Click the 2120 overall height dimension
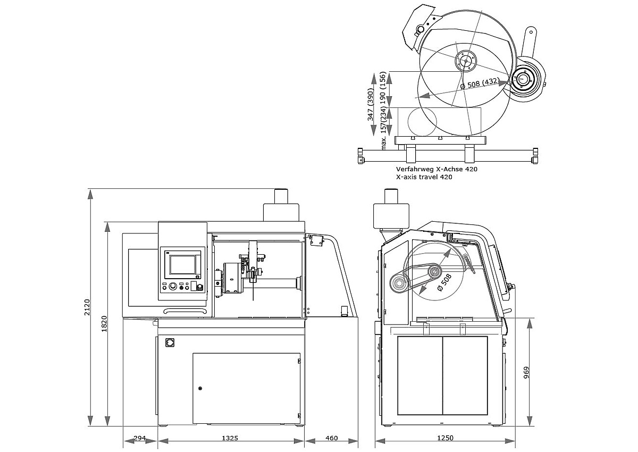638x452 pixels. tap(88, 307)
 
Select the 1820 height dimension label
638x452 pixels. tap(105, 324)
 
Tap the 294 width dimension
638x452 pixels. tap(139, 438)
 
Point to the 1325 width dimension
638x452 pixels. tap(230, 438)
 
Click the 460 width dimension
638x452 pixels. tap(331, 438)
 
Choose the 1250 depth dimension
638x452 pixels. tap(445, 438)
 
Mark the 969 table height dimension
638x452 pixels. tap(526, 372)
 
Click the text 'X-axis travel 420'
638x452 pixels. tap(424, 177)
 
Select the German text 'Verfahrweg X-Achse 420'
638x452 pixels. tap(436, 169)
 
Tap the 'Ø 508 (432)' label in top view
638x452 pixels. tap(479, 84)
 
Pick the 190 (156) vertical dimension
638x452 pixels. tap(383, 89)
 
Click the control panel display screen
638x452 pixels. tap(182, 262)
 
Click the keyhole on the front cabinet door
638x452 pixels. tap(200, 388)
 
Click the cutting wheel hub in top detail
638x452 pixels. tap(466, 61)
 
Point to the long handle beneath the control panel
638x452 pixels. tap(184, 311)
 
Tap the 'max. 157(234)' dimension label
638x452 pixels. tap(383, 127)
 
